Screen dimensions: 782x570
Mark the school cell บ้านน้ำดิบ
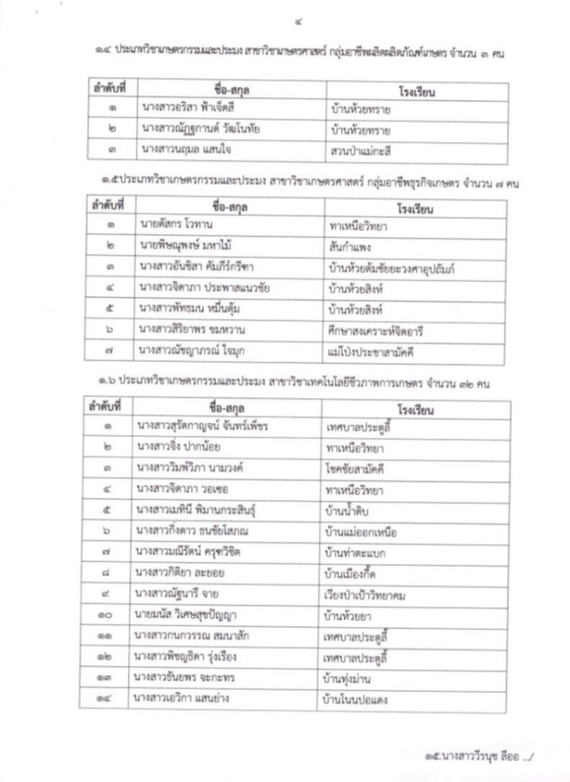pos(349,509)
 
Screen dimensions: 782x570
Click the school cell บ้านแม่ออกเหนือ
pos(361,530)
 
